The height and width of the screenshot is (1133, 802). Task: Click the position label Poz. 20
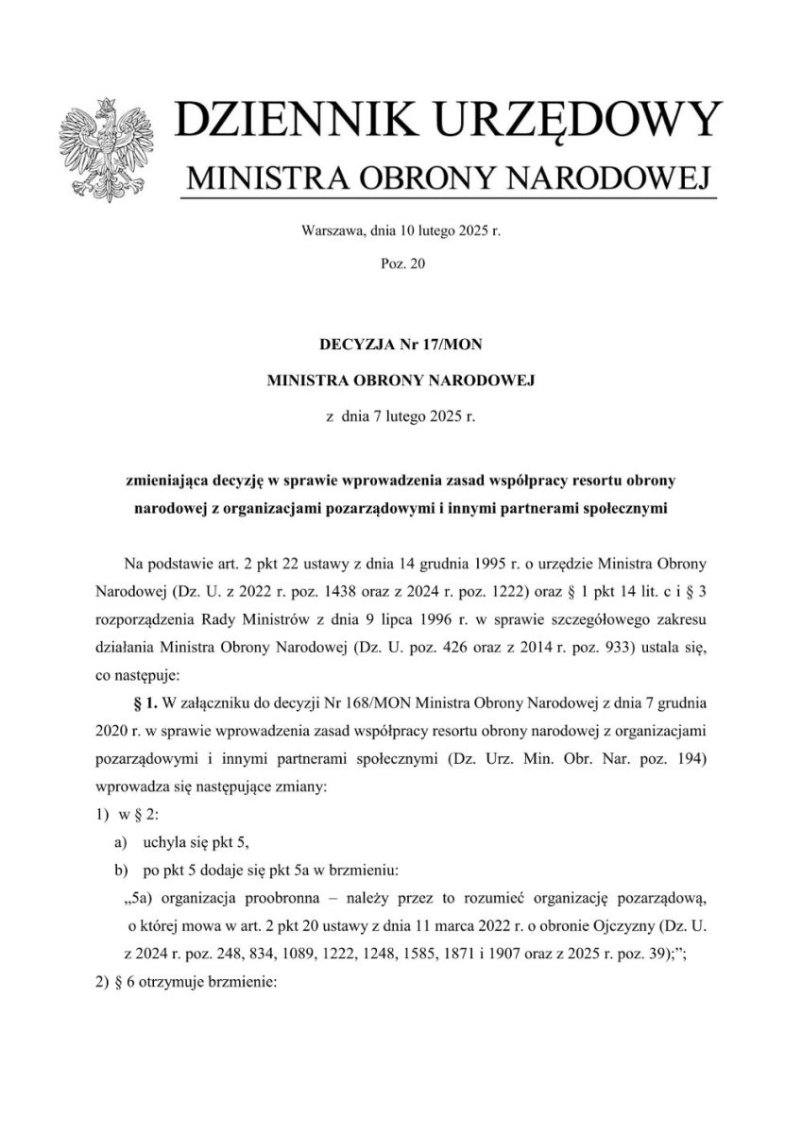coord(401,266)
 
